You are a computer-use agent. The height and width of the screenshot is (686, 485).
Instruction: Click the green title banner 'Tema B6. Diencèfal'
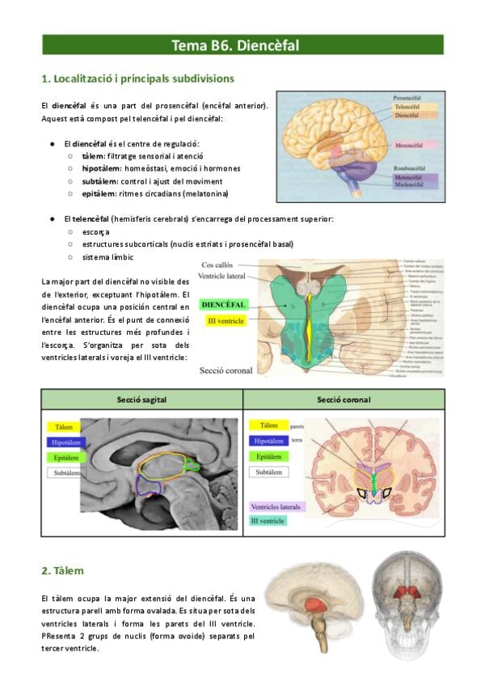[x=242, y=45]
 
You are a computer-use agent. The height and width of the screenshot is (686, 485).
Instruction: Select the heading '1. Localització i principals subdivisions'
[x=137, y=78]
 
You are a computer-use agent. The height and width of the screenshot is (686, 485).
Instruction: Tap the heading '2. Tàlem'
[x=62, y=570]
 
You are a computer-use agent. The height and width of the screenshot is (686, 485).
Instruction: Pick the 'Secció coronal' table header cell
[x=344, y=399]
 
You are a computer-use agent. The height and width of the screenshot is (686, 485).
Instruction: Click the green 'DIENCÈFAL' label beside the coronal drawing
[x=224, y=305]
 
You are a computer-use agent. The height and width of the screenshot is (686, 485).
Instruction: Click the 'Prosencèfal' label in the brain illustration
[x=411, y=96]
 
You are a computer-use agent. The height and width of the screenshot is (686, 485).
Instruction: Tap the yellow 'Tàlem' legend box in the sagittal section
[x=65, y=426]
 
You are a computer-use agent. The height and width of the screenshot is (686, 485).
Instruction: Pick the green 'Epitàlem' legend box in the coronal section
[x=268, y=456]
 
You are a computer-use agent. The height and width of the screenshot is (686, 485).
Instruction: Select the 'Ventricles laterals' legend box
[x=276, y=506]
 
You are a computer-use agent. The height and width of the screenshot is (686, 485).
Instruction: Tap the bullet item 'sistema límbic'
[x=108, y=256]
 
